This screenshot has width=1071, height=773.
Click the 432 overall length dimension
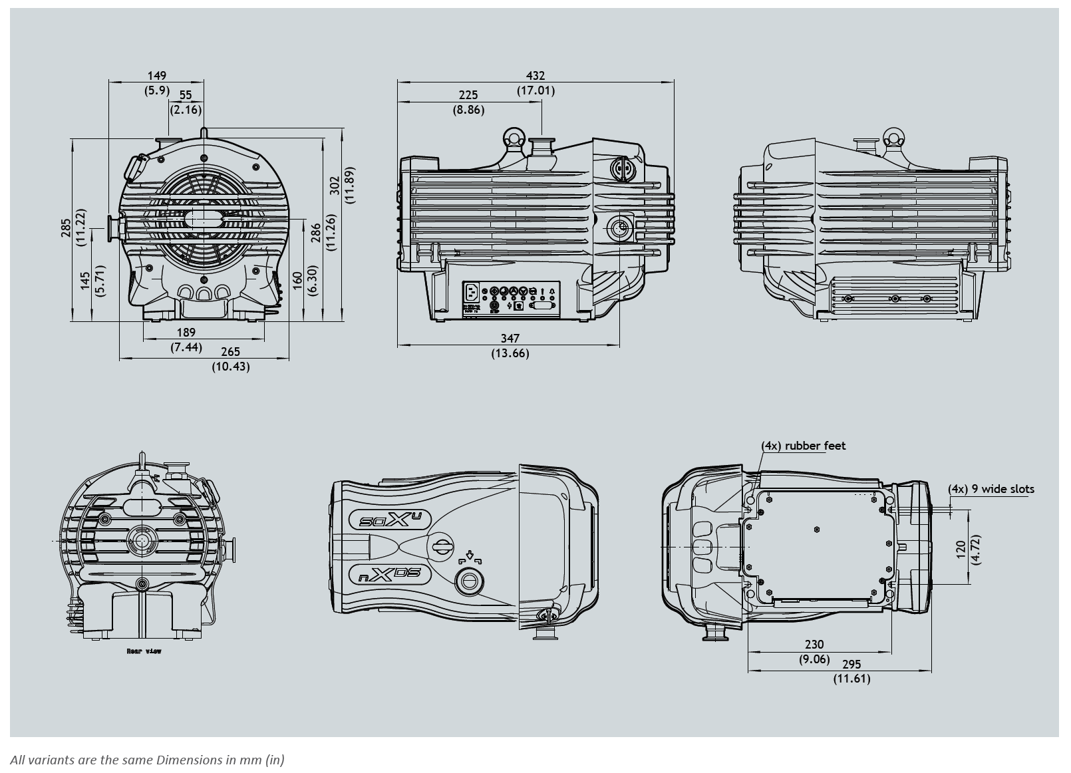535,76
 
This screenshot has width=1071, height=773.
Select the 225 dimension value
469,95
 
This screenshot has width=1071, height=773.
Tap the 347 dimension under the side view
510,339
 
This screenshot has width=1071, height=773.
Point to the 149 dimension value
157,76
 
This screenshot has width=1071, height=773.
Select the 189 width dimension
186,333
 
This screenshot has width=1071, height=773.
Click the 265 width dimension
230,352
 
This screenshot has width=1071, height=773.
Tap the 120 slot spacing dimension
961,549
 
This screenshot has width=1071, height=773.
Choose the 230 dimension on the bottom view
814,644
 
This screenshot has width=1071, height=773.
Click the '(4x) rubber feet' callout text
803,446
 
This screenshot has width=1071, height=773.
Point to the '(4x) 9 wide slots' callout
991,489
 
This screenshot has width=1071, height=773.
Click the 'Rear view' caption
144,651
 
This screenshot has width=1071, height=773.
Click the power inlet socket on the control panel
472,292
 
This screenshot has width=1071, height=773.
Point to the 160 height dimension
297,280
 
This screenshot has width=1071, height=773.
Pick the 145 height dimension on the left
85,280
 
